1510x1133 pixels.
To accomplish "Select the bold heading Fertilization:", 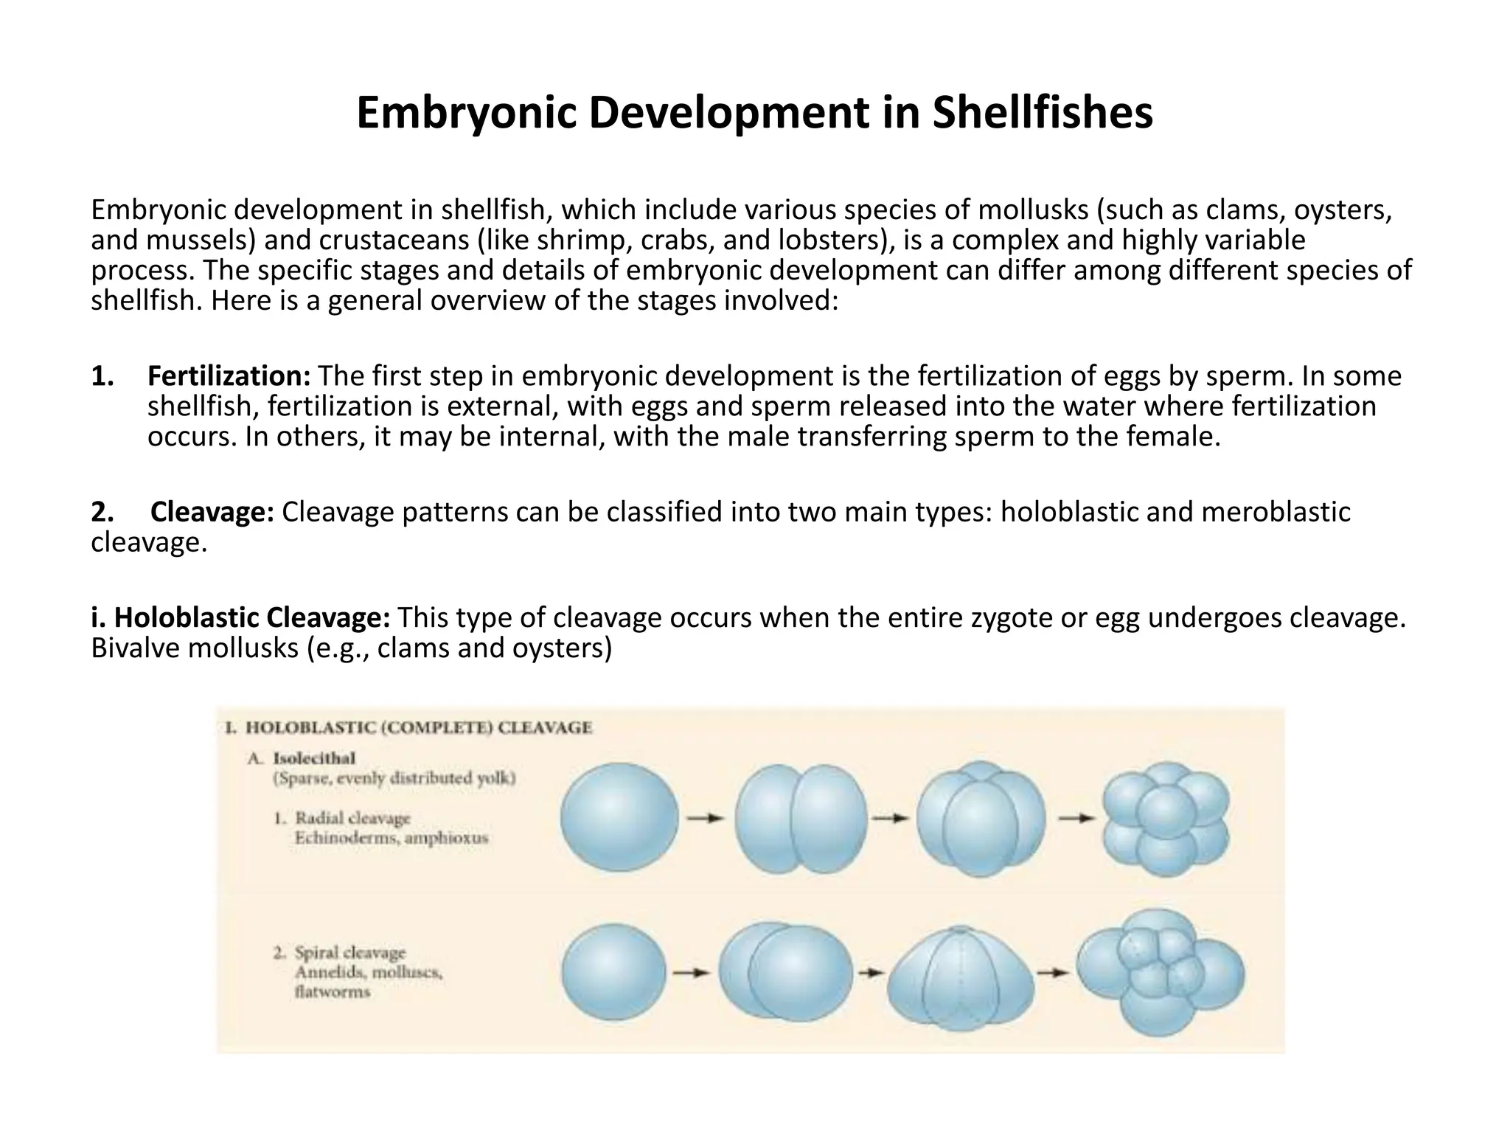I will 229,376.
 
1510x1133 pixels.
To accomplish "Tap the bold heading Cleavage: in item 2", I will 212,511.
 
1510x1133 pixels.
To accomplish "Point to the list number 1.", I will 102,376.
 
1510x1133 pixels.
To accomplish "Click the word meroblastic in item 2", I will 1276,511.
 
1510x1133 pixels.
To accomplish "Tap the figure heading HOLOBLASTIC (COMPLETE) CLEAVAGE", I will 418,728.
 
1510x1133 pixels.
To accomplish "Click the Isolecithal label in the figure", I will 314,758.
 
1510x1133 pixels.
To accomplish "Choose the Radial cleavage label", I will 352,818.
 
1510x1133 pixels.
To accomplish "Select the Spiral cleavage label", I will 350,953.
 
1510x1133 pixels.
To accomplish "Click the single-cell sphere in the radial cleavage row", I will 619,819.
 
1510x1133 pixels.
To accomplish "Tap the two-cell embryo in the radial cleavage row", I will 801,820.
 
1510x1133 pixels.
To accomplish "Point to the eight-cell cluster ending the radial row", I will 1166,821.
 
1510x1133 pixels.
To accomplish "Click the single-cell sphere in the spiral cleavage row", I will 613,973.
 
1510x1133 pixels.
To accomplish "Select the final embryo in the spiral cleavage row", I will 1160,971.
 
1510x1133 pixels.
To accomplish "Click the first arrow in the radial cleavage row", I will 706,818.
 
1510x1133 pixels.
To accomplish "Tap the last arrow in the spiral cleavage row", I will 1054,973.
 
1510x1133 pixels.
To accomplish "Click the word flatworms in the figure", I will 332,992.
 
